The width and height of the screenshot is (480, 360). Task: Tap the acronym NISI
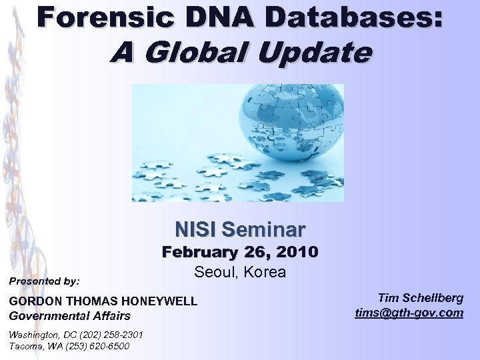pyautogui.click(x=195, y=230)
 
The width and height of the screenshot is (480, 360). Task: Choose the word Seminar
pyautogui.click(x=263, y=230)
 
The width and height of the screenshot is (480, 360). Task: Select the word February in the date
pyautogui.click(x=207, y=253)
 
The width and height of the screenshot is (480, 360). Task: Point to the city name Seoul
pyautogui.click(x=214, y=272)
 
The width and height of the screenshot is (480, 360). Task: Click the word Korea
pyautogui.click(x=265, y=272)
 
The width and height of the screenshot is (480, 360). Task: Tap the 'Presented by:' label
pyautogui.click(x=44, y=281)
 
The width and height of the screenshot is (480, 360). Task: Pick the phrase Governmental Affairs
pyautogui.click(x=69, y=315)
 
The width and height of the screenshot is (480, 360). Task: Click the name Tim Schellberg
pyautogui.click(x=420, y=298)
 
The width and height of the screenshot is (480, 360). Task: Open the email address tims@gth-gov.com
pyautogui.click(x=409, y=312)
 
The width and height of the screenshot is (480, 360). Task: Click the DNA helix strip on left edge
pyautogui.click(x=9, y=167)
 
